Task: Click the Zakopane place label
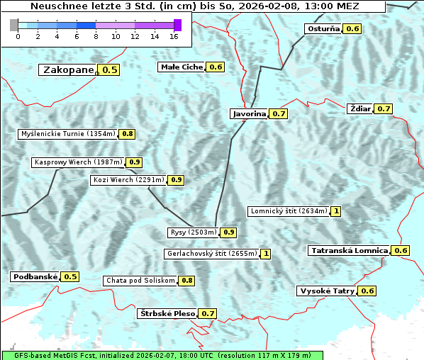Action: pos(68,69)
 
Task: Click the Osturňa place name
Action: pos(323,29)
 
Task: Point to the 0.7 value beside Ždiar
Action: pos(384,108)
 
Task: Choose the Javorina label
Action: pos(249,113)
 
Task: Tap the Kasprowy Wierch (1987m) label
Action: pos(78,162)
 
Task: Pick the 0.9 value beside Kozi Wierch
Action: pos(177,180)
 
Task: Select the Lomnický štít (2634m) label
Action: pos(289,211)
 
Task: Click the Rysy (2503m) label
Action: pos(193,232)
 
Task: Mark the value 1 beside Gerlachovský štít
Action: pos(266,253)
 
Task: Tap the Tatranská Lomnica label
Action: pos(350,250)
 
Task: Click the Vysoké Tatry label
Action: pos(326,291)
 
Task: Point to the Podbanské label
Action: pos(34,276)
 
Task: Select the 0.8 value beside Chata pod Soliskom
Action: pos(186,281)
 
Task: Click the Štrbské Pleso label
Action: pos(166,313)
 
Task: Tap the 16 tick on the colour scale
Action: pos(174,35)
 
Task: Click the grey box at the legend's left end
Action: pos(14,25)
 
